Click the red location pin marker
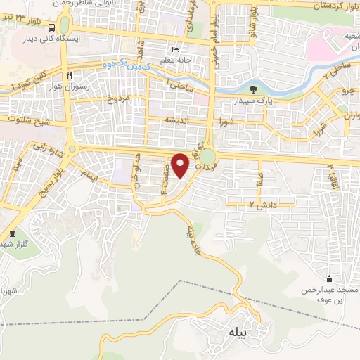(181, 165)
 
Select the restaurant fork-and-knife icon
(68, 75)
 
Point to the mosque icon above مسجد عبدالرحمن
(330, 279)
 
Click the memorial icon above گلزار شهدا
(12, 233)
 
